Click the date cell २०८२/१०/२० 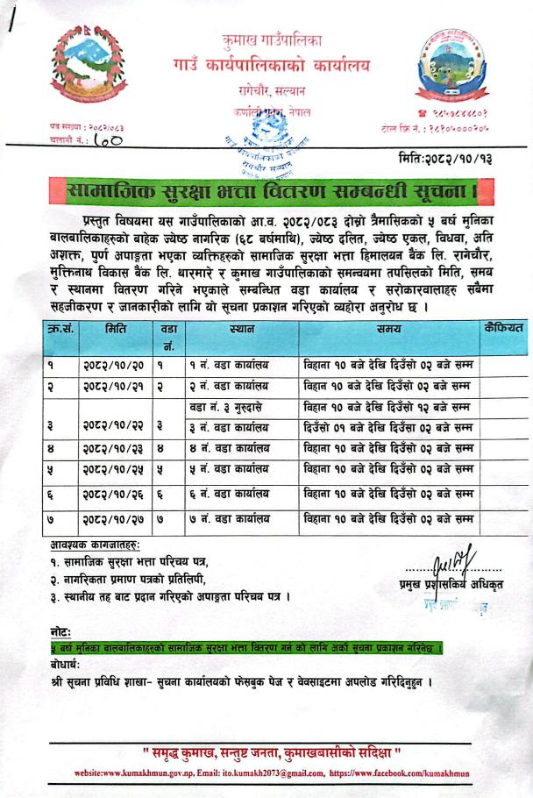click(x=114, y=362)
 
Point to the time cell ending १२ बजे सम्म click(x=387, y=407)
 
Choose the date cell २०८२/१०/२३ click(x=114, y=450)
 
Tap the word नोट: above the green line click(x=62, y=631)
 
